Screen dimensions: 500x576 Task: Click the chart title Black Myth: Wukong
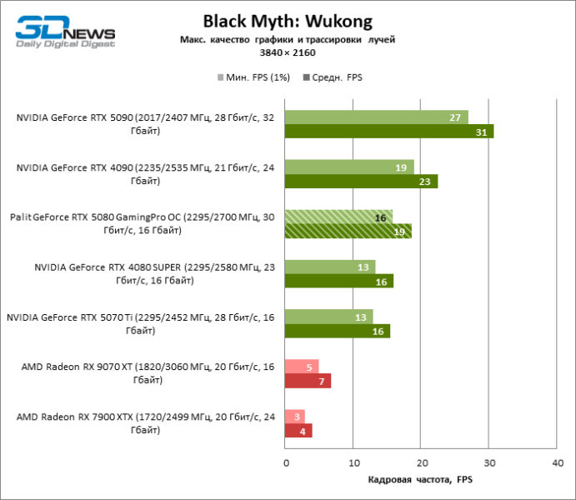click(x=288, y=20)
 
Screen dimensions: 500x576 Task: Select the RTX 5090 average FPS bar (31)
click(x=388, y=131)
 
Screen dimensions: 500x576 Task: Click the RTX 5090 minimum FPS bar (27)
click(x=376, y=117)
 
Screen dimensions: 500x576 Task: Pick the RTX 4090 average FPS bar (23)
click(x=361, y=181)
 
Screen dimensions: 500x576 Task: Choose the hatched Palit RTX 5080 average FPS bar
click(x=348, y=231)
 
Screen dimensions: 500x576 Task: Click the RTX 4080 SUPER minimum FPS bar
click(x=329, y=267)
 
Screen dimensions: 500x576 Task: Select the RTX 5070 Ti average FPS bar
click(x=337, y=331)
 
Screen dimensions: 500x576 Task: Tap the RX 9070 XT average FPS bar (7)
click(x=308, y=381)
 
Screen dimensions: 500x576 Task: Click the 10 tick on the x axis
click(x=353, y=461)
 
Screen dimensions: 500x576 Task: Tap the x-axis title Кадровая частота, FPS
click(x=419, y=481)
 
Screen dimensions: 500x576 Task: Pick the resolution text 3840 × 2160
click(x=288, y=52)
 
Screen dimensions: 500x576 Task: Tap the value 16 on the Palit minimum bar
click(x=380, y=217)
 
